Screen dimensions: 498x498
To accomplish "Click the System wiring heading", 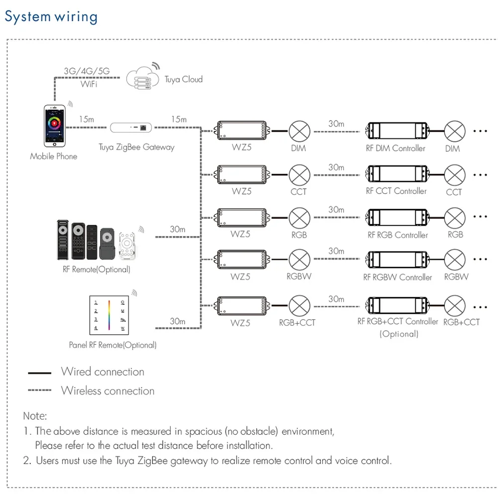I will click(51, 16).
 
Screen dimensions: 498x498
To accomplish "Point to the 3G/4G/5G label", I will click(87, 71).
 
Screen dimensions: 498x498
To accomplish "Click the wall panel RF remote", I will click(110, 315).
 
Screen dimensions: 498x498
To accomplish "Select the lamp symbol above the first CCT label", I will click(299, 174).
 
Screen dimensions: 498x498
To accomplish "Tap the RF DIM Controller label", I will click(395, 148).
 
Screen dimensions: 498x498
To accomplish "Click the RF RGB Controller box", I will click(397, 217).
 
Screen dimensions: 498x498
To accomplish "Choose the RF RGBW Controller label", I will click(397, 277).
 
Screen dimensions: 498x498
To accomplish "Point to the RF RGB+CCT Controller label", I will click(398, 321).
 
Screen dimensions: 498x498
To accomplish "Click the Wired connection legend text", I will click(103, 372).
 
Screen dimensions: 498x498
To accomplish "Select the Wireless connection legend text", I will click(108, 390).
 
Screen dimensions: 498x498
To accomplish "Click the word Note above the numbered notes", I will click(35, 415).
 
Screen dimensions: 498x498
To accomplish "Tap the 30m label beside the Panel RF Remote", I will click(178, 321).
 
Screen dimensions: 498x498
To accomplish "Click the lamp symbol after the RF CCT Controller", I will click(455, 174).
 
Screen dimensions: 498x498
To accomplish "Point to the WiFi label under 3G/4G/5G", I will click(89, 84).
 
